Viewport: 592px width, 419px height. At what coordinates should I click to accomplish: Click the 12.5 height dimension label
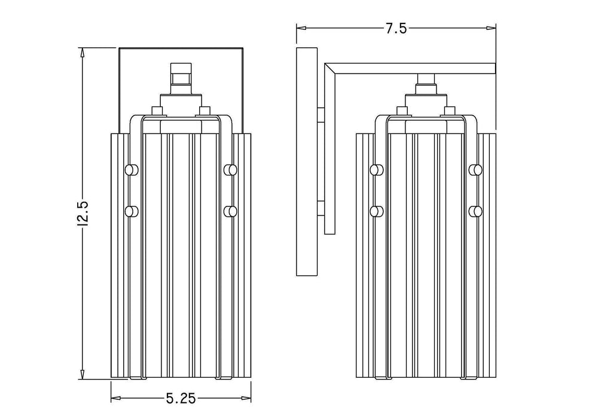pyautogui.click(x=84, y=214)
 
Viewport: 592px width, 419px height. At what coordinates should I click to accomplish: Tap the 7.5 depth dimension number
pyautogui.click(x=395, y=28)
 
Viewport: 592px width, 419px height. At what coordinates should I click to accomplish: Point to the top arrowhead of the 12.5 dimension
pyautogui.click(x=83, y=52)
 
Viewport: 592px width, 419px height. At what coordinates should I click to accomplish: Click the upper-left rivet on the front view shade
pyautogui.click(x=131, y=170)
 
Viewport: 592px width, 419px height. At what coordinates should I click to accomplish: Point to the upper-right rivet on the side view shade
pyautogui.click(x=475, y=170)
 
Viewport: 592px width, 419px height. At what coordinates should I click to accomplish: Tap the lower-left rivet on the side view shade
pyautogui.click(x=377, y=211)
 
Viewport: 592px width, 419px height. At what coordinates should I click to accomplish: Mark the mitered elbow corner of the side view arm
pyautogui.click(x=331, y=69)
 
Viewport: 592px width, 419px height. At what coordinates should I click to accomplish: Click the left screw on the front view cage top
pyautogui.click(x=157, y=111)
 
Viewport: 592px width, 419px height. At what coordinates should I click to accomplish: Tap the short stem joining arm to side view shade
pyautogui.click(x=425, y=79)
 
